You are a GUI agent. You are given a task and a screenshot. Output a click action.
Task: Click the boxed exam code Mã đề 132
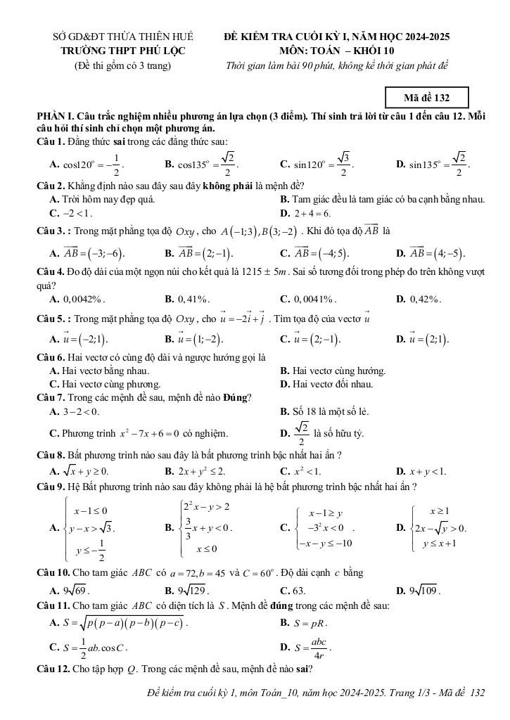pyautogui.click(x=427, y=97)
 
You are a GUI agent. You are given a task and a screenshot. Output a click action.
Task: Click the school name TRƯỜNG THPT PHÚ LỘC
pyautogui.click(x=124, y=51)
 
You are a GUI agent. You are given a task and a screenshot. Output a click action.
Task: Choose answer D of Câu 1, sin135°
pyautogui.click(x=433, y=165)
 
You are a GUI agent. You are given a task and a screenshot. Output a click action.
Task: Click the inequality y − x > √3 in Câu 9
pyautogui.click(x=95, y=529)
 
